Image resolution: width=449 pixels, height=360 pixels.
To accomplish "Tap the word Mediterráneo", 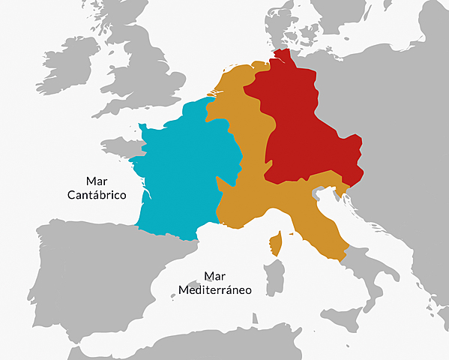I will click(x=213, y=289).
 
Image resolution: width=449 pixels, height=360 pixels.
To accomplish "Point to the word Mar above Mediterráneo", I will click(x=214, y=275).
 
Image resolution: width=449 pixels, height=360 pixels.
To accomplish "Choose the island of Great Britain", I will click(x=150, y=67).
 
